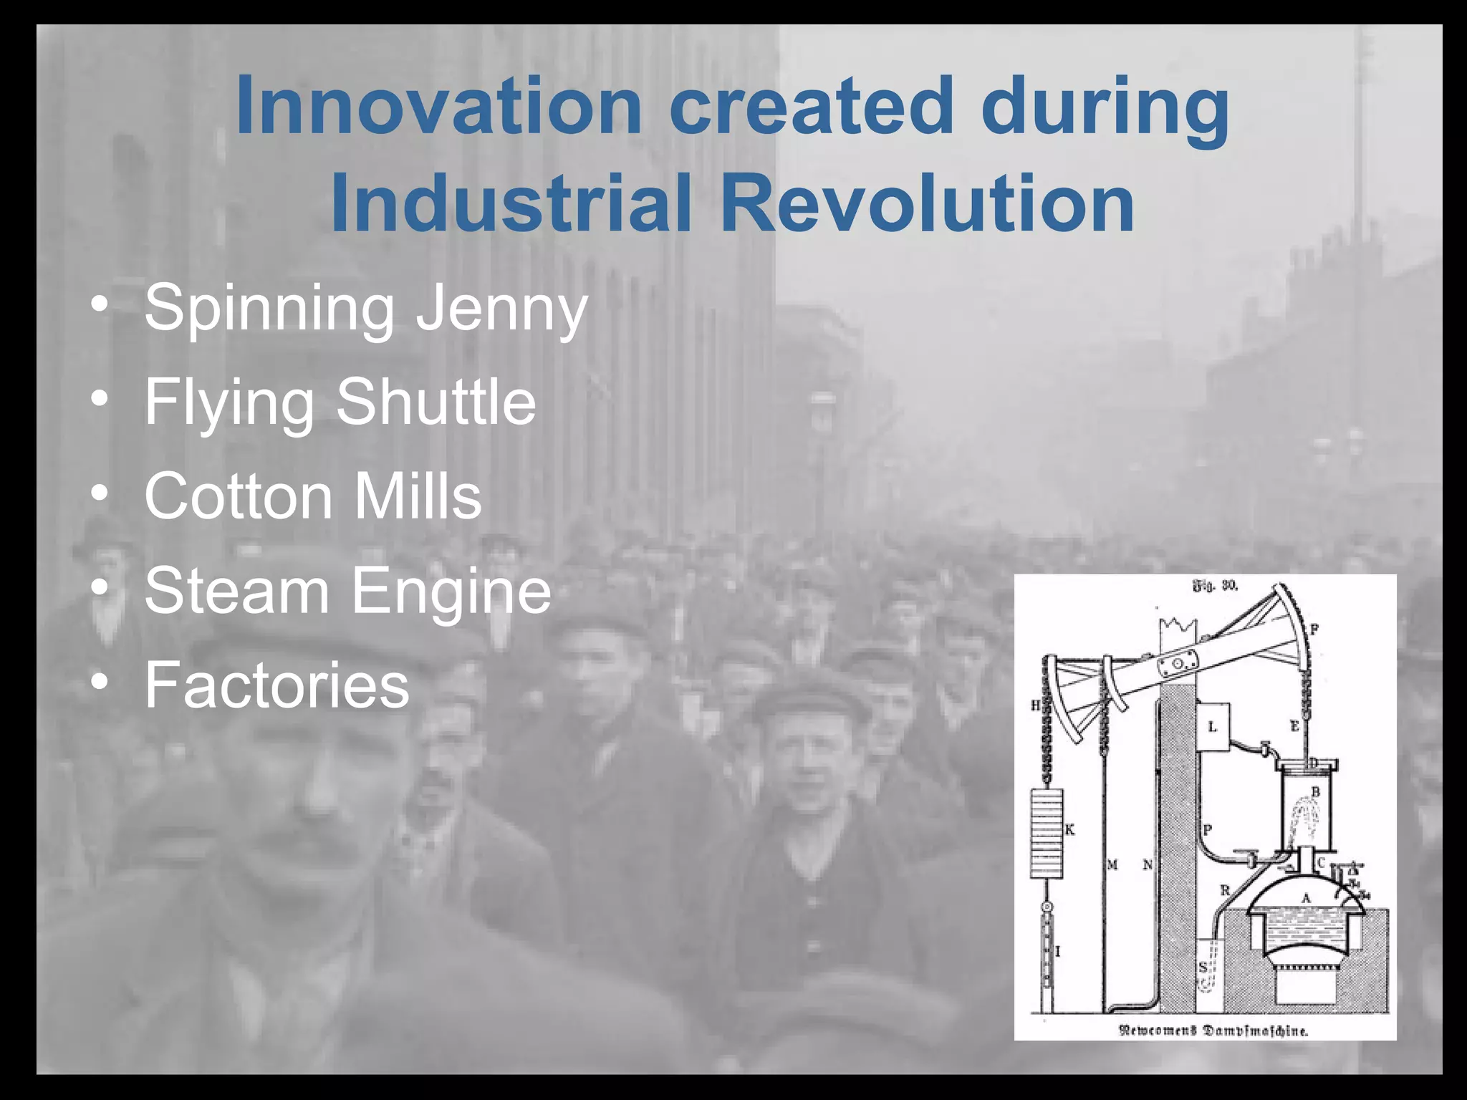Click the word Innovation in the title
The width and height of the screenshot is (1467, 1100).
point(438,106)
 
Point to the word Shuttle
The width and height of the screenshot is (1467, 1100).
point(436,402)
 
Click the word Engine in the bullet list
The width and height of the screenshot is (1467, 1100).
point(451,592)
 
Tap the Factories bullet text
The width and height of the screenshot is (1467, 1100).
point(276,685)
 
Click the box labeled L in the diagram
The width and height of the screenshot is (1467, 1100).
point(1212,726)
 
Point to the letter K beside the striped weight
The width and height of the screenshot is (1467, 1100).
point(1070,829)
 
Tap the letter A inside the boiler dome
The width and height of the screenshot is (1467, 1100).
point(1305,898)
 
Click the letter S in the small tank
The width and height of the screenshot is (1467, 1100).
point(1203,968)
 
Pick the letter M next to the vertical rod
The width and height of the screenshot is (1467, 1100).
point(1112,865)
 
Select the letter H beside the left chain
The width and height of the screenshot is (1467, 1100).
point(1035,705)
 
